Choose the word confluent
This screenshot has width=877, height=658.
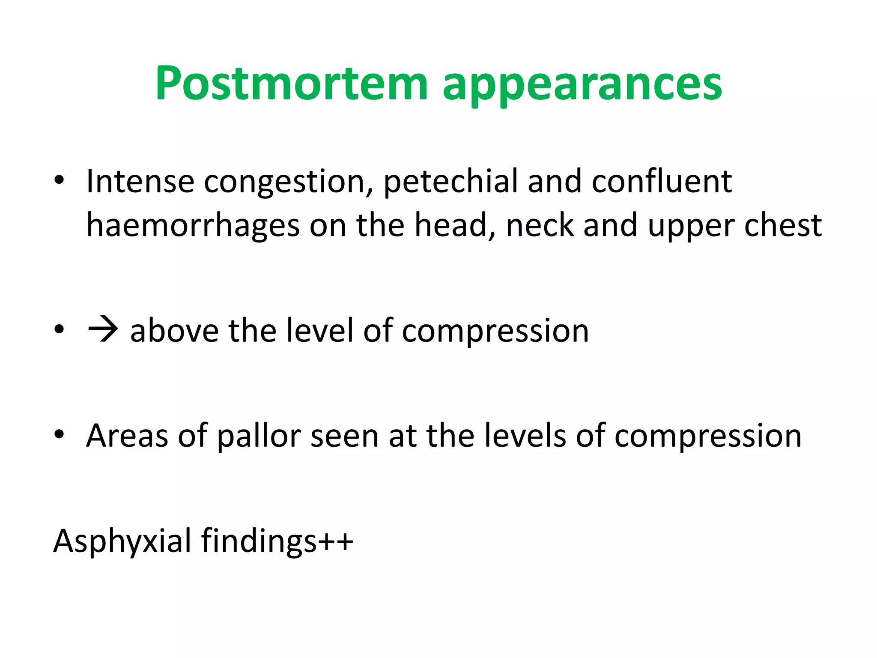pos(662,181)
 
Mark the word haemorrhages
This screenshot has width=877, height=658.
pos(193,226)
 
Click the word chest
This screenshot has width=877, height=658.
pos(783,225)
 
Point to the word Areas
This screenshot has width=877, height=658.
pos(127,436)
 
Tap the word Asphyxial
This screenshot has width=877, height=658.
pos(122,542)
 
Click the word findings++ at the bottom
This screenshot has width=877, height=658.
pos(277,542)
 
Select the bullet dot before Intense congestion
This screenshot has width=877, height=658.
pos(59,180)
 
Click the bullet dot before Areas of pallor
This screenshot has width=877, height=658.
pos(59,434)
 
